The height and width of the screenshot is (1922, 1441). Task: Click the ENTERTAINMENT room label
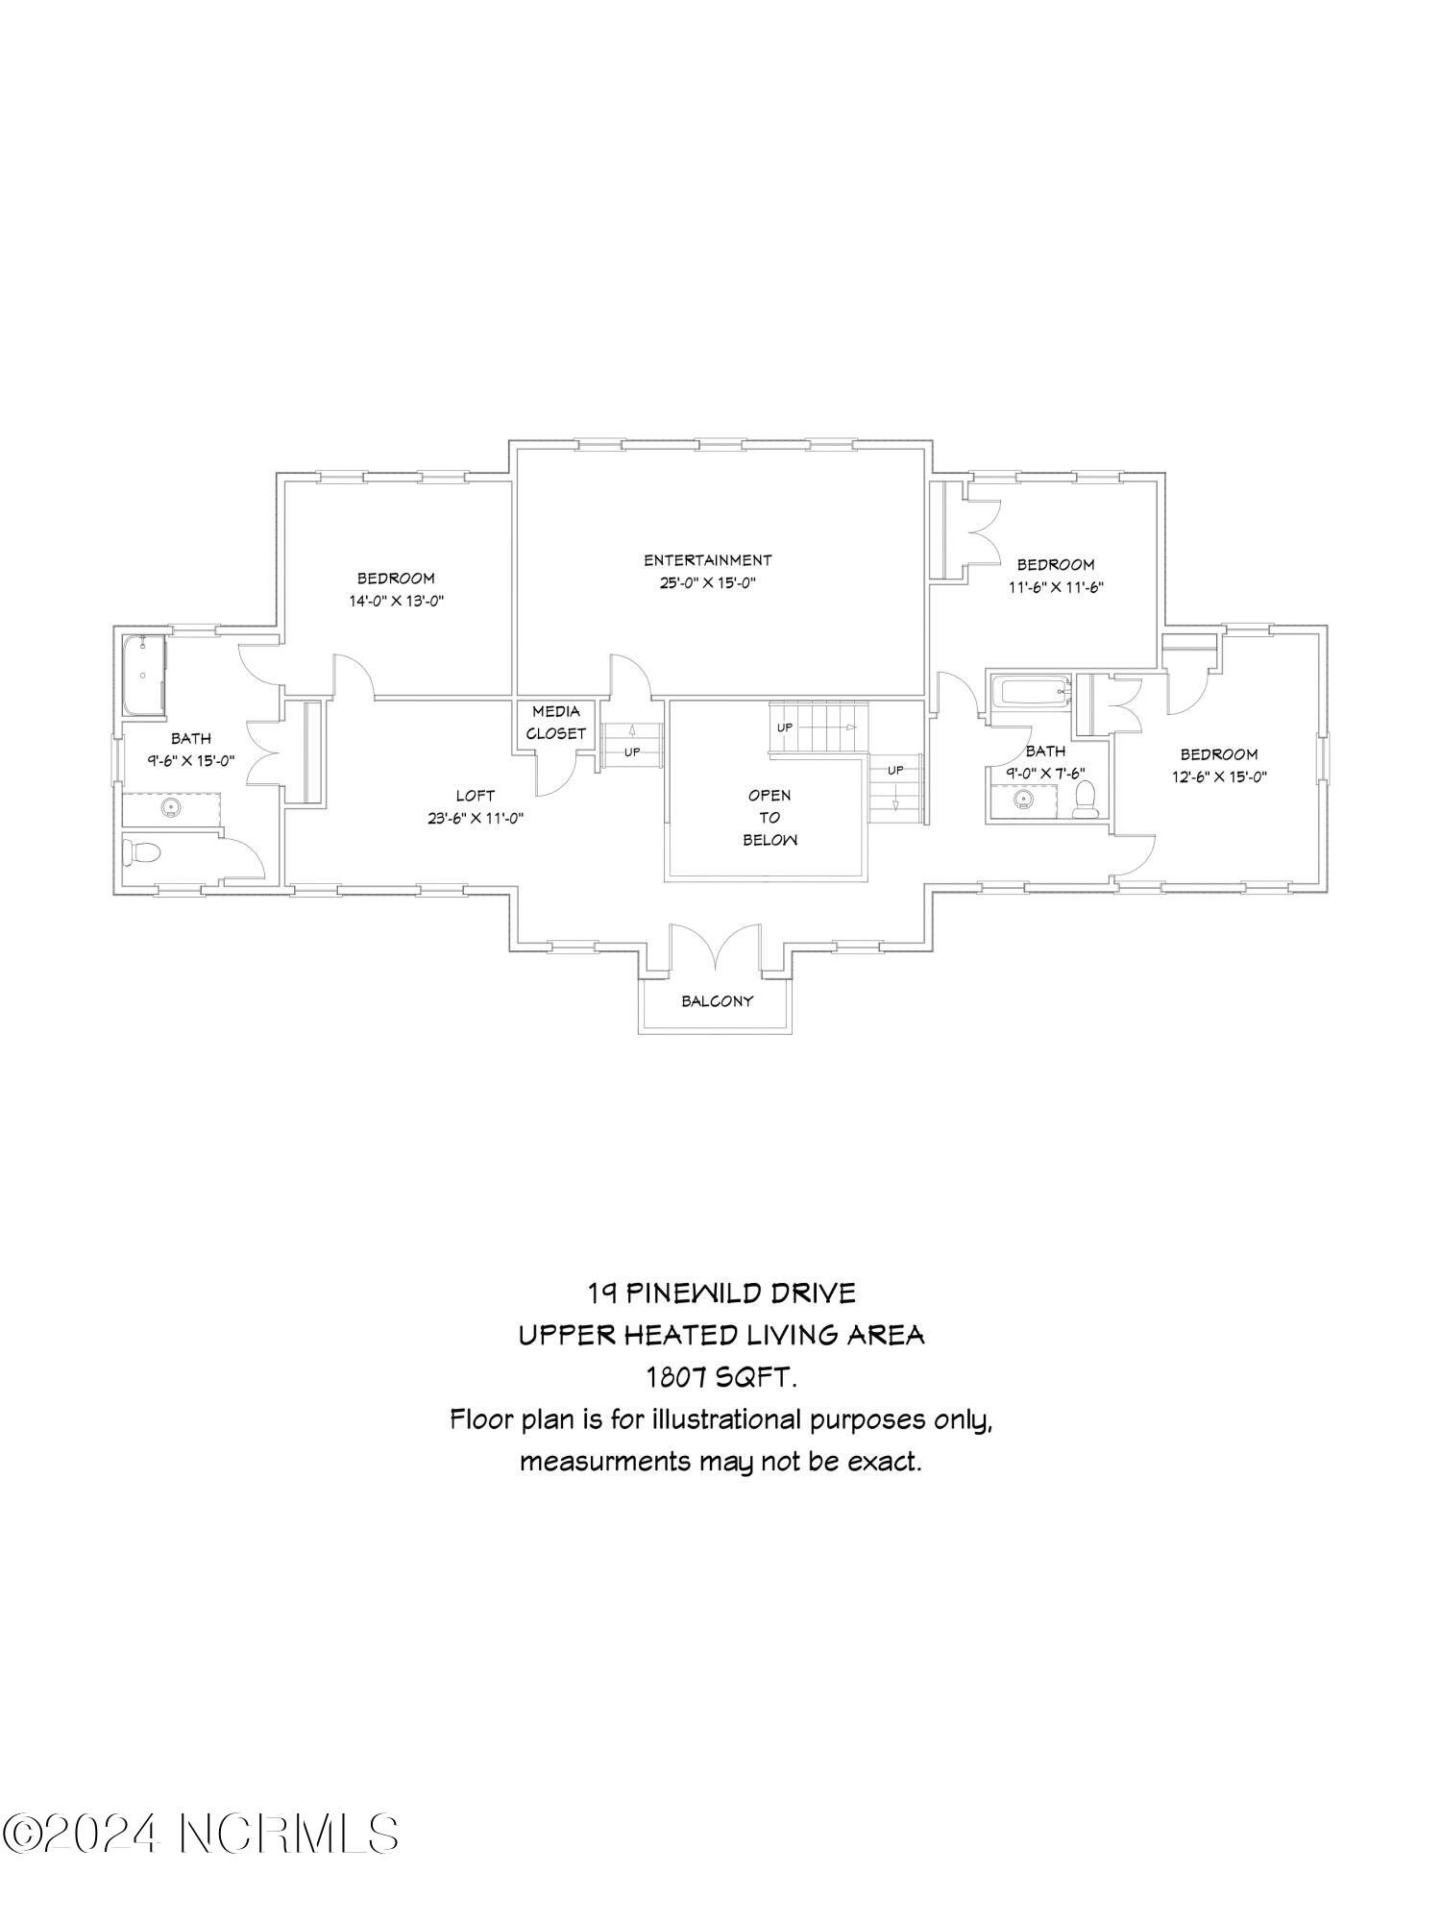707,560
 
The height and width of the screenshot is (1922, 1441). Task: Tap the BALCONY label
718,1001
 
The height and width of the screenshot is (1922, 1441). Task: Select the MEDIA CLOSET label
556,723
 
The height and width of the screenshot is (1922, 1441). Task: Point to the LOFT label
476,796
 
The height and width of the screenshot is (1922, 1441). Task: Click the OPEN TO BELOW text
769,818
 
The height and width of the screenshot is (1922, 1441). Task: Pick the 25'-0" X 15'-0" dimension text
707,583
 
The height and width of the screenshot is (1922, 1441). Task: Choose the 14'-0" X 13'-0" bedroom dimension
396,602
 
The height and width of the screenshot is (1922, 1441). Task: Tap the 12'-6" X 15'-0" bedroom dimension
1219,777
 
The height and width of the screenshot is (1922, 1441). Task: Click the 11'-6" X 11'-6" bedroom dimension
1056,587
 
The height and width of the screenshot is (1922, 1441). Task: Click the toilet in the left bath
138,853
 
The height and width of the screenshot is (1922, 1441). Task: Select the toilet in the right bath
1085,800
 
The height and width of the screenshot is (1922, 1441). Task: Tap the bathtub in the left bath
144,675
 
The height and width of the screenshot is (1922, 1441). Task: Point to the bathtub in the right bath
1030,691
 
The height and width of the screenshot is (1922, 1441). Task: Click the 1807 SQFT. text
720,1378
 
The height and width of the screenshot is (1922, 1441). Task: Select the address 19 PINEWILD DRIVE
721,1294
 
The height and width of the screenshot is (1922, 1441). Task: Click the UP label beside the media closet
632,752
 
